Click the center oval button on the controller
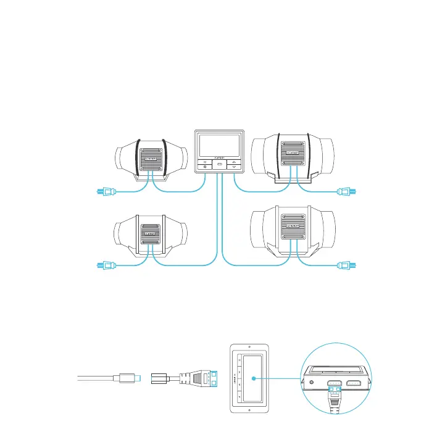[x=220, y=165]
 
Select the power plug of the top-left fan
[x=104, y=191]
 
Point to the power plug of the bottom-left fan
[x=104, y=266]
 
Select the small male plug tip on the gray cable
[x=141, y=378]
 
